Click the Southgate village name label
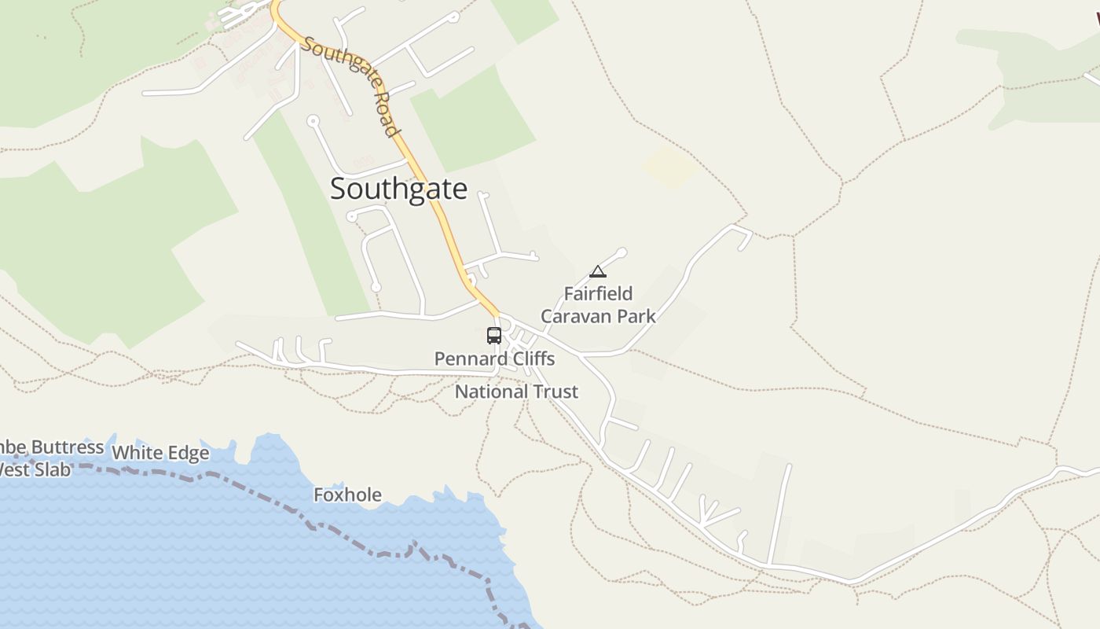398,189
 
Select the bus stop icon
494,336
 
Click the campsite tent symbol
598,272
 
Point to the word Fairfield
598,294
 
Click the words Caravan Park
598,316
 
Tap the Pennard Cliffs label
494,359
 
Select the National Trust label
516,392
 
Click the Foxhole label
347,495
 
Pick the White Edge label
160,453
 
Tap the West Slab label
35,470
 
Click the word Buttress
68,447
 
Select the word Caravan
570,316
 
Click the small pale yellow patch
669,167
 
